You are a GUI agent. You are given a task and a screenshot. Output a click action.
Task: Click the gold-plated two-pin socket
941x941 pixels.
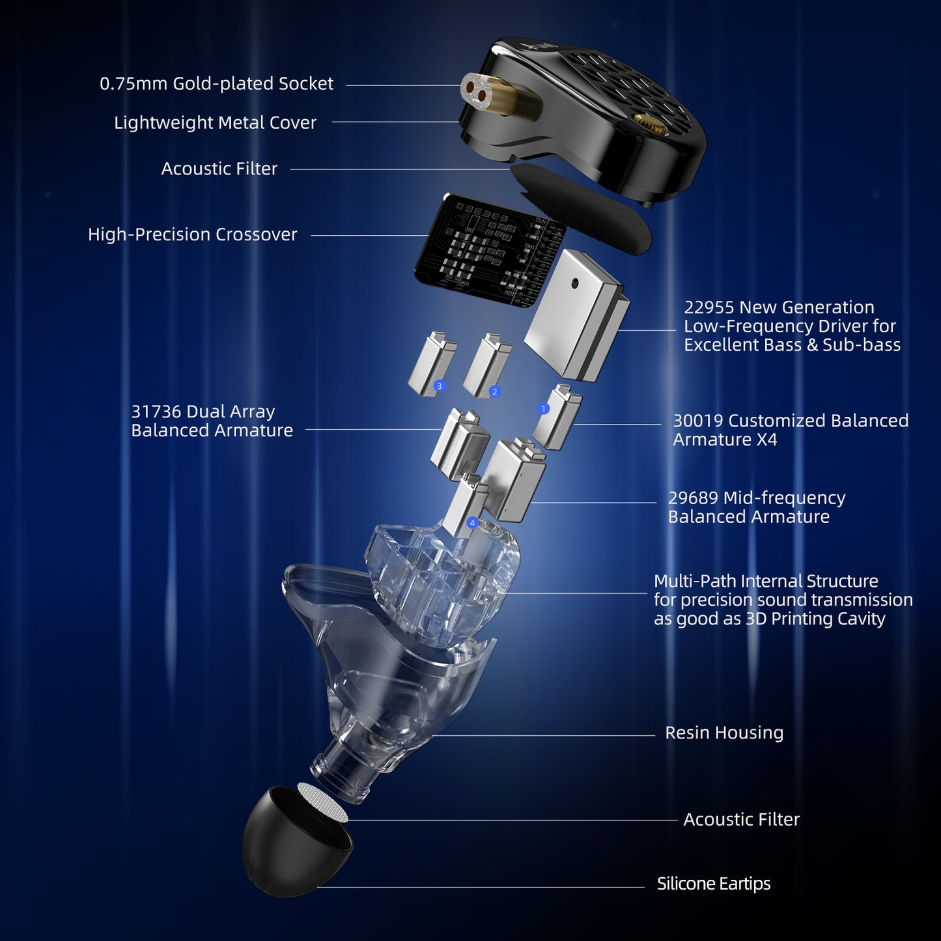click(x=493, y=98)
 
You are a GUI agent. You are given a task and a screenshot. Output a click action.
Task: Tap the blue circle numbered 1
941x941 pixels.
click(x=544, y=408)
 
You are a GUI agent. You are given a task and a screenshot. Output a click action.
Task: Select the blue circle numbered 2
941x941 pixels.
click(x=495, y=391)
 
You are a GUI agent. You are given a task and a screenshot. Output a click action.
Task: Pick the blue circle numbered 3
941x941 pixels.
click(x=439, y=386)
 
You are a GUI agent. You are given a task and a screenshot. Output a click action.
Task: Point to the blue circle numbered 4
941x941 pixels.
click(x=471, y=522)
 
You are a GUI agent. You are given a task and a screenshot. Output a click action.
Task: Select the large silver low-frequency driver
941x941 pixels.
click(x=576, y=315)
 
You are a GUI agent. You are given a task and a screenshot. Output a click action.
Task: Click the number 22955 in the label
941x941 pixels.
click(x=709, y=307)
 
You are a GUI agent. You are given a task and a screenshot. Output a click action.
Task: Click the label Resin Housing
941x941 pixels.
click(x=724, y=733)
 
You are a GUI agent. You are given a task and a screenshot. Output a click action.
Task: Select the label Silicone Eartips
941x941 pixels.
click(x=714, y=884)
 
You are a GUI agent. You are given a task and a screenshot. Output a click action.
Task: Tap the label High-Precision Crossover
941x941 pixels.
click(x=192, y=234)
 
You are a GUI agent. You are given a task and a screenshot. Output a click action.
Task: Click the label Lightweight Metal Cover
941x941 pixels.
click(x=215, y=122)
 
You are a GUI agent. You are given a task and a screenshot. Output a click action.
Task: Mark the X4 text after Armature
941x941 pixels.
click(x=766, y=440)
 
